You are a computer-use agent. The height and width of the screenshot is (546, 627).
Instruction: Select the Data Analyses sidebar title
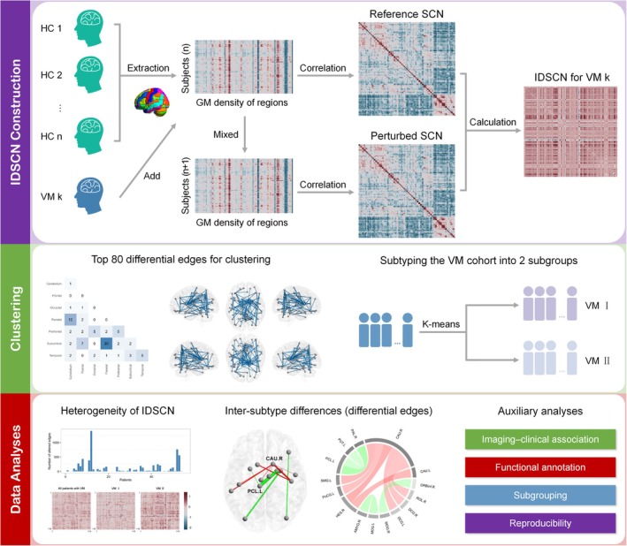(x=15, y=464)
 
